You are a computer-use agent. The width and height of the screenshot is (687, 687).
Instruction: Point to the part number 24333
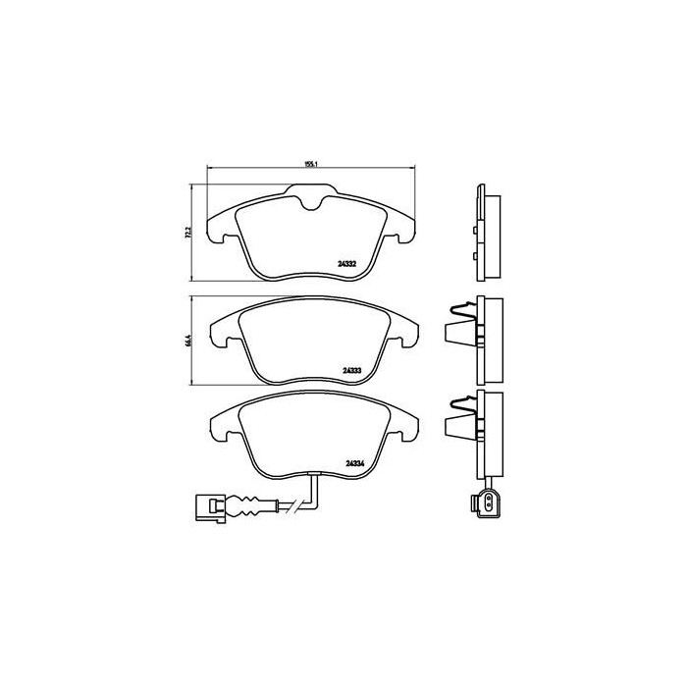tap(353, 370)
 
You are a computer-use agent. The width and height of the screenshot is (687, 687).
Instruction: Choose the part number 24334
tap(355, 464)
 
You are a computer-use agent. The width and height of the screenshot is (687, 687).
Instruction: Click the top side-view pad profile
tap(485, 233)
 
